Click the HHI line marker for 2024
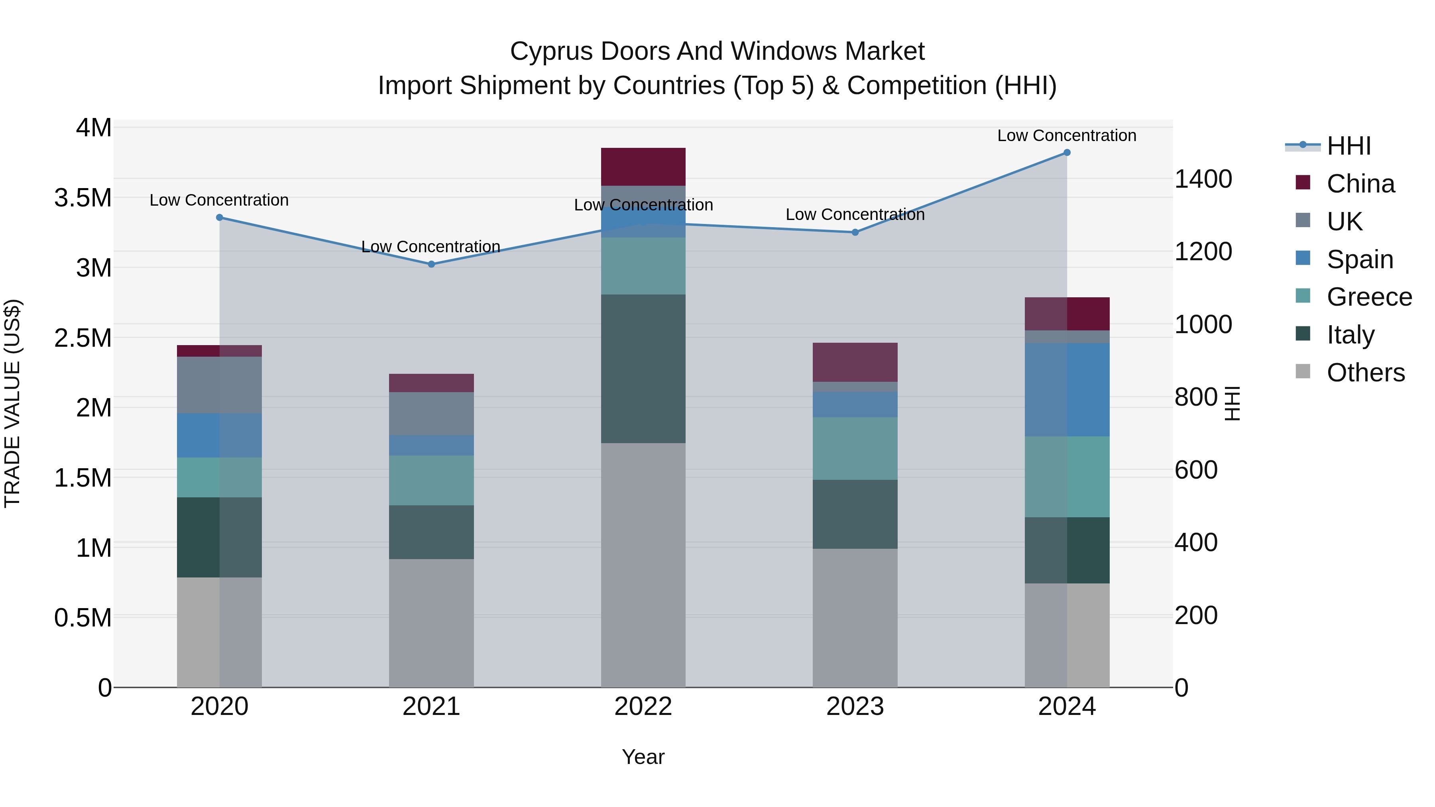(x=1067, y=153)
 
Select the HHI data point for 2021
(x=431, y=264)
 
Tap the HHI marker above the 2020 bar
(x=220, y=218)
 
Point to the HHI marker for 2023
(x=855, y=232)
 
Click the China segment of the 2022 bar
(x=643, y=167)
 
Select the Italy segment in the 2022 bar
(x=643, y=369)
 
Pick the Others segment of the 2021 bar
(x=431, y=622)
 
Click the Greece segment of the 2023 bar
(x=855, y=448)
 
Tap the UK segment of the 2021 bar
(x=431, y=413)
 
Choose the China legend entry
(x=1360, y=184)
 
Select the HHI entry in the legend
(x=1349, y=146)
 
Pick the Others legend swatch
(x=1303, y=371)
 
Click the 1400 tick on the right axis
(x=1203, y=179)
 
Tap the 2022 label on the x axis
(x=643, y=707)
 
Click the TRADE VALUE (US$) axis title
(x=12, y=403)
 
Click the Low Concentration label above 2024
(x=1066, y=135)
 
